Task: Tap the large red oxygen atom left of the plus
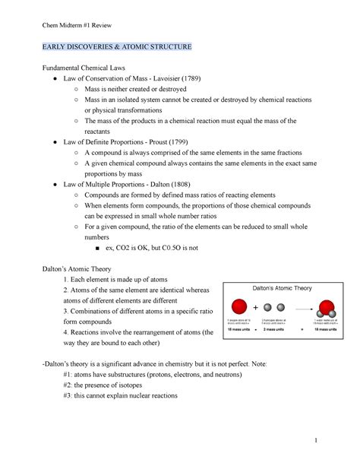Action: click(238, 309)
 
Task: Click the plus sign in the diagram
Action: click(255, 308)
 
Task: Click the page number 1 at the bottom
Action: click(324, 440)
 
